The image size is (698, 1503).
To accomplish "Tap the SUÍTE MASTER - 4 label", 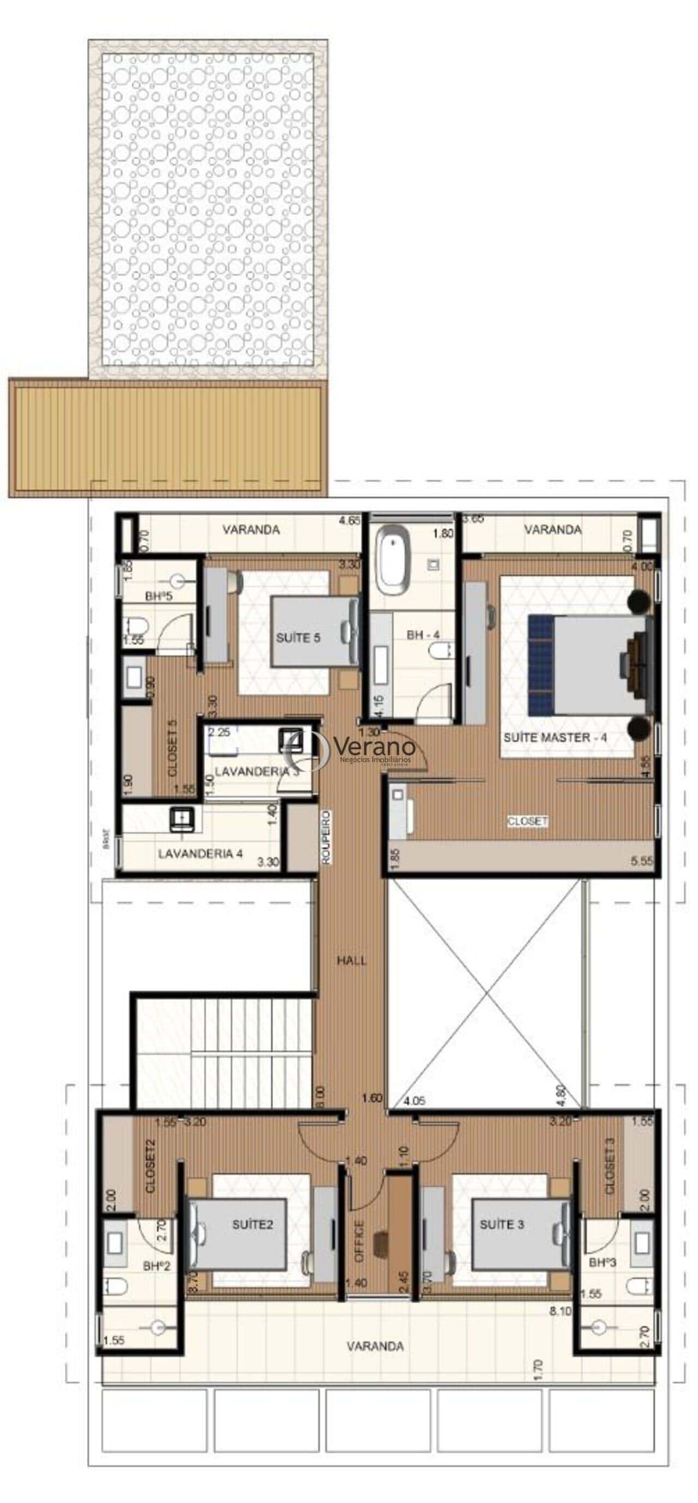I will pos(555,737).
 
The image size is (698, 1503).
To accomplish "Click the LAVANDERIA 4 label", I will pos(200,854).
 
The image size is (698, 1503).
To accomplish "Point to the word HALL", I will pos(352,960).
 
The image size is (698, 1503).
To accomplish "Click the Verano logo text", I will pos(375,746).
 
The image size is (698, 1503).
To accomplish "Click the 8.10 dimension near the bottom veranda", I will pos(561,1311).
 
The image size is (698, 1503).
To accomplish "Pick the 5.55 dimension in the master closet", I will pos(642,861).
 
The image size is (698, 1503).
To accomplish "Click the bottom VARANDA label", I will pos(375,1346).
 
